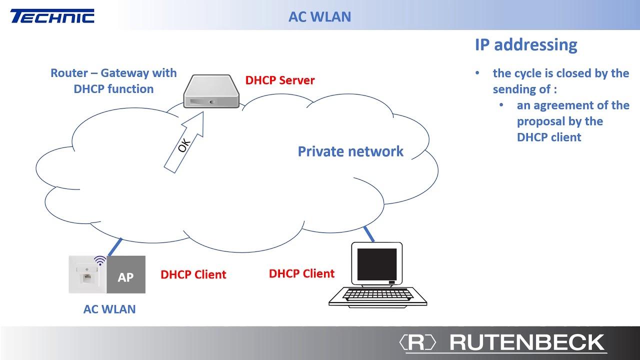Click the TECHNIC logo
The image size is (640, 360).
[52, 16]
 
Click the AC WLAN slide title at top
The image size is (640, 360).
[319, 17]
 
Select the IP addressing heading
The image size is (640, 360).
[526, 45]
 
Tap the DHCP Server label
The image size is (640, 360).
[279, 80]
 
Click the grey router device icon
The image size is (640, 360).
[211, 91]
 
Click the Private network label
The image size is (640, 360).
[350, 151]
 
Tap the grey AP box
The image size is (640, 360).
[126, 274]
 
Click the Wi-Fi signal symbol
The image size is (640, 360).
[100, 260]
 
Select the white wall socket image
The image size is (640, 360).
[87, 274]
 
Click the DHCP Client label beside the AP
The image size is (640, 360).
[193, 274]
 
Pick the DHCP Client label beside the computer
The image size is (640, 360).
[301, 273]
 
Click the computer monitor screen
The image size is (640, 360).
[377, 264]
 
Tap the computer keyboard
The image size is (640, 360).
[377, 296]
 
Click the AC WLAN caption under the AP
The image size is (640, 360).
[109, 309]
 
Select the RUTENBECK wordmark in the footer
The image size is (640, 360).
[527, 342]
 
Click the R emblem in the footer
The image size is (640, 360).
[417, 342]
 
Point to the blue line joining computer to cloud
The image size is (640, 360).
[369, 234]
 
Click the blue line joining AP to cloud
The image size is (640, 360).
[115, 247]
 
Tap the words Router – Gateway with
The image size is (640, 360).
[113, 73]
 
